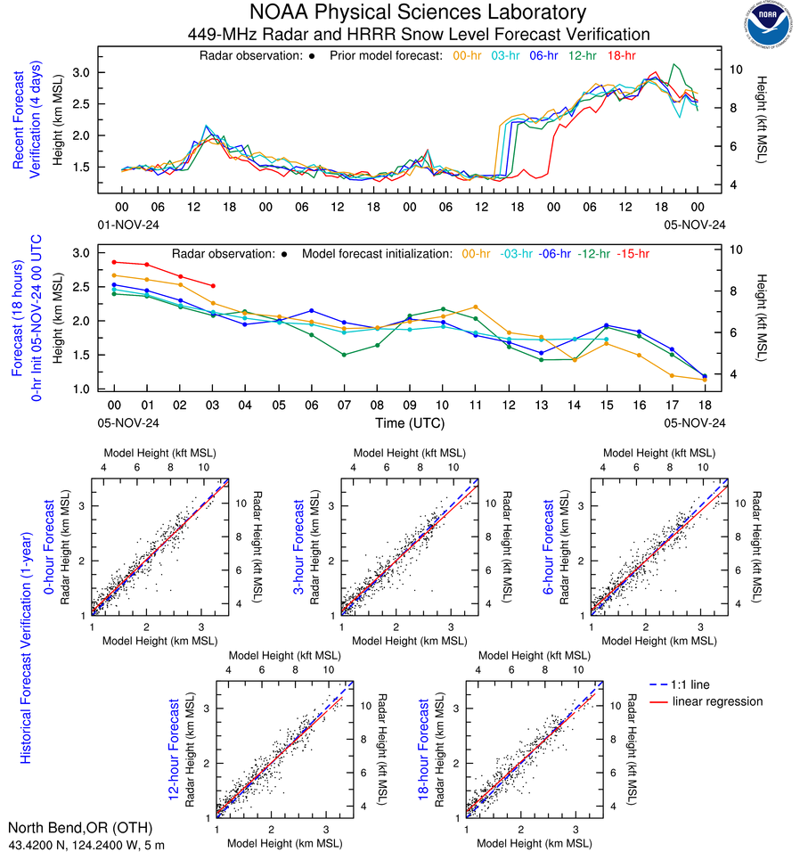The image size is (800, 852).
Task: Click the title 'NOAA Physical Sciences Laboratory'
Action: pos(418,12)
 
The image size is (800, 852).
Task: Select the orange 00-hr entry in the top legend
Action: pos(468,55)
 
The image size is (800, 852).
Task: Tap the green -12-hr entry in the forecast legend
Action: pos(594,253)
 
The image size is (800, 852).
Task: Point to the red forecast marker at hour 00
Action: pos(114,262)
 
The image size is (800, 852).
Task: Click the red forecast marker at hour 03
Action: pos(213,286)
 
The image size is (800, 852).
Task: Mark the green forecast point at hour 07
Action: pos(344,355)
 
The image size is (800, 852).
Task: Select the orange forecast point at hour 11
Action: pos(476,307)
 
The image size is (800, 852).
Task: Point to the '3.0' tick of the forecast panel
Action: pos(81,253)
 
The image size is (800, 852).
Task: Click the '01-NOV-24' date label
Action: pos(127,224)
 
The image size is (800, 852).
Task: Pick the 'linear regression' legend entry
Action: pos(717,701)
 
